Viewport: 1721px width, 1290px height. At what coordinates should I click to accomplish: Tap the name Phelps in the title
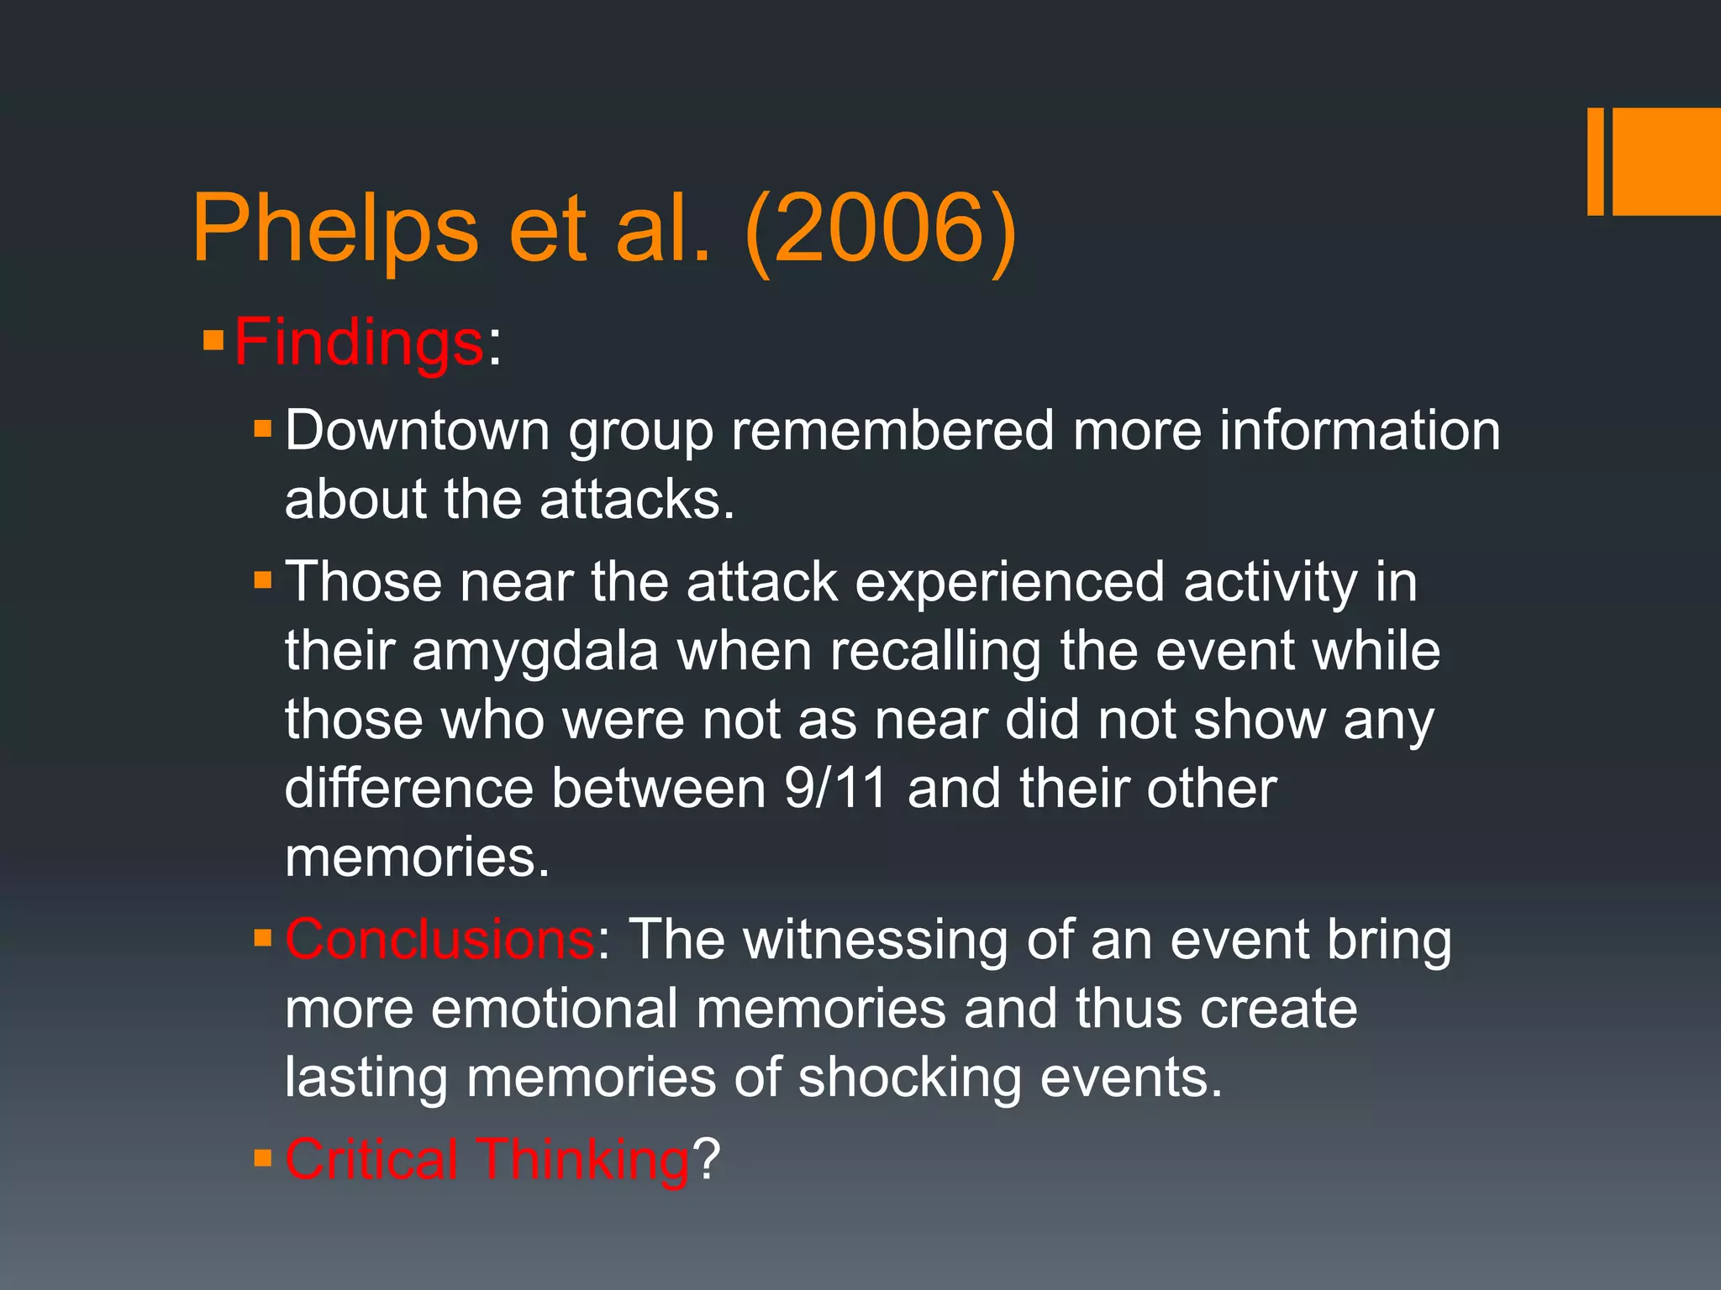click(x=335, y=228)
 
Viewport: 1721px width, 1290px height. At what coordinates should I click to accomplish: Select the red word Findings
click(x=359, y=343)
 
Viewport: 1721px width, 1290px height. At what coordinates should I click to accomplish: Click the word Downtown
click(x=417, y=431)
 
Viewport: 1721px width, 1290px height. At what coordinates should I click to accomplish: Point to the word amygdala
click(x=534, y=652)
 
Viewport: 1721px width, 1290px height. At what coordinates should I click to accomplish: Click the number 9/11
click(x=835, y=789)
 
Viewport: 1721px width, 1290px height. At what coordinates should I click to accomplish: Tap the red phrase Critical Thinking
click(x=487, y=1159)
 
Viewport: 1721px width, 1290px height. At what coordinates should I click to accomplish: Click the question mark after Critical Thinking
click(x=707, y=1159)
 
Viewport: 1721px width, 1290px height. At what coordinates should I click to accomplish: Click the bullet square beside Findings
click(x=213, y=341)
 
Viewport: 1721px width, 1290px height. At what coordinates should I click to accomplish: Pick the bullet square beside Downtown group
click(x=263, y=429)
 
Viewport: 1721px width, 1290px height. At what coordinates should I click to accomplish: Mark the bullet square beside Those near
click(x=263, y=580)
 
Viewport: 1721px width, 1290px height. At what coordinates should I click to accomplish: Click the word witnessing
click(x=876, y=941)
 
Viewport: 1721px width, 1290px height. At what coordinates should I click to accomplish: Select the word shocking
click(x=909, y=1078)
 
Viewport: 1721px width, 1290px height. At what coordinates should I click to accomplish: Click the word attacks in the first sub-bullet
click(x=636, y=500)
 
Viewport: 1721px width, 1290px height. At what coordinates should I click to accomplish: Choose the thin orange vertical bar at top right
click(x=1595, y=161)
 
